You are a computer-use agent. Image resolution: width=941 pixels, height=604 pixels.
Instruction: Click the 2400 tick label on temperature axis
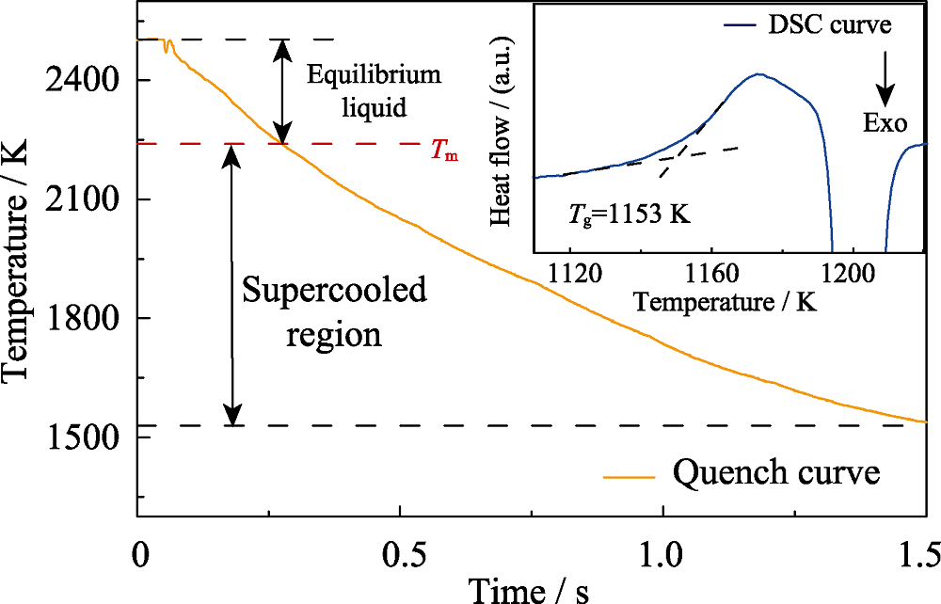(84, 82)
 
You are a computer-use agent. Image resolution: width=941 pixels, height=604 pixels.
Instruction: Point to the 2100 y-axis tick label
(84, 200)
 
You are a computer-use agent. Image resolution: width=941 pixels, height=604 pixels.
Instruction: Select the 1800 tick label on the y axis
(84, 319)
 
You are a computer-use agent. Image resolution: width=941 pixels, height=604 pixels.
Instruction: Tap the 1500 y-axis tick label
(84, 437)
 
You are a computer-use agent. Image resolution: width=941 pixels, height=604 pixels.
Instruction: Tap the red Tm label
(445, 153)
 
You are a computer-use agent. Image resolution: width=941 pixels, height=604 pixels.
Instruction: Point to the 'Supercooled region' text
(334, 311)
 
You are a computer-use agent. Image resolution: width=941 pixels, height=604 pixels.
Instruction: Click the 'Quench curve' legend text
(776, 473)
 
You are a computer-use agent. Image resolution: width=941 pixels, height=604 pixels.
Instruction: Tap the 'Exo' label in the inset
(885, 122)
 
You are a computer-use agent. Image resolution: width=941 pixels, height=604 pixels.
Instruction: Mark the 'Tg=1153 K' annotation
(630, 213)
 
